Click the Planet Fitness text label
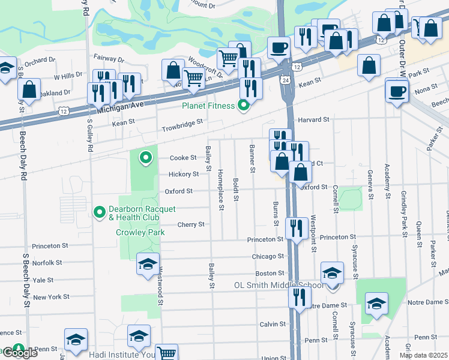tap(209, 107)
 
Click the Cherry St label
tap(191, 224)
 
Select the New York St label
tap(51, 296)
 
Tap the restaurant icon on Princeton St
tap(297, 229)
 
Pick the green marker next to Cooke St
tap(145, 158)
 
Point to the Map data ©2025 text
tap(423, 355)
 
